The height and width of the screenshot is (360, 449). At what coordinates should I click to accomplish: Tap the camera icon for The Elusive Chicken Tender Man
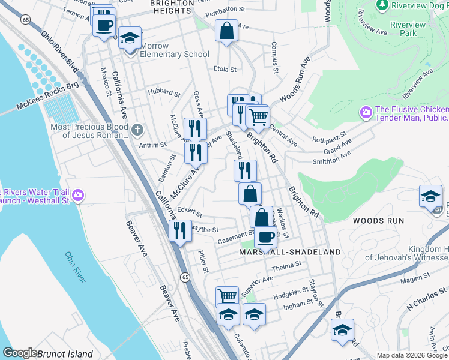click(365, 112)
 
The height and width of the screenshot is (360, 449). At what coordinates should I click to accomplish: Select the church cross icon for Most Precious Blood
click(137, 130)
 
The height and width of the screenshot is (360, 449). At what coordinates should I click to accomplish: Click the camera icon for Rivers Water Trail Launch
click(78, 195)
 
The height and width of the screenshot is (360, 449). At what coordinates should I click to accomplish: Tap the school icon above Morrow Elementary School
click(129, 38)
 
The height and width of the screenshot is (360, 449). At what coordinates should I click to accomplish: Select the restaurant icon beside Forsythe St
click(180, 230)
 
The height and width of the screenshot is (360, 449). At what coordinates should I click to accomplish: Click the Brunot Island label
click(65, 354)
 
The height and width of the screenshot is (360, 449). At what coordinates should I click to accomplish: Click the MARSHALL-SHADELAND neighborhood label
click(290, 253)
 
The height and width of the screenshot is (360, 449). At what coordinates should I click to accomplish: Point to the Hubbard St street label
click(164, 94)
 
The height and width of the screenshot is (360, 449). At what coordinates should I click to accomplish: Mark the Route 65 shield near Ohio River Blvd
click(25, 20)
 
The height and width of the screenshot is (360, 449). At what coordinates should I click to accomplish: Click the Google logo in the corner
click(20, 353)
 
